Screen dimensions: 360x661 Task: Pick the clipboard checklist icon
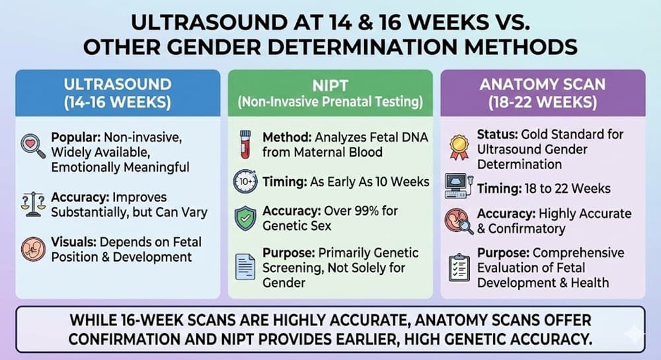458,266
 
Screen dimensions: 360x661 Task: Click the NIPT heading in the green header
330,85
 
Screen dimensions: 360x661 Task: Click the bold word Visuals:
74,242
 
